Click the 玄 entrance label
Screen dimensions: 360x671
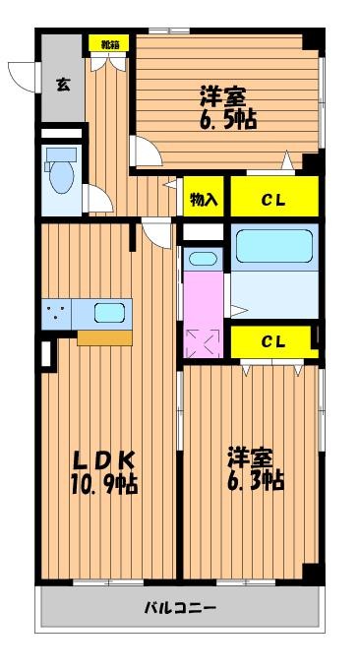point(63,85)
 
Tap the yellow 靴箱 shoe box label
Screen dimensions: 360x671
point(109,42)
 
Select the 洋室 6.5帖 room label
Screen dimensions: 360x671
point(228,108)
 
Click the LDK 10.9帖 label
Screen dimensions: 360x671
point(104,472)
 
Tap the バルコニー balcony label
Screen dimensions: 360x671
point(179,608)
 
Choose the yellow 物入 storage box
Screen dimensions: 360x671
point(204,197)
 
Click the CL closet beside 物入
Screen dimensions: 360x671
point(274,197)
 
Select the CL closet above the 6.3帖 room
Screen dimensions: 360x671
point(274,341)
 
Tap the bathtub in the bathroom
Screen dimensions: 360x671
point(274,246)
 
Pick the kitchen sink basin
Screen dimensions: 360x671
point(109,313)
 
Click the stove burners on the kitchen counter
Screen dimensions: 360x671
point(56,313)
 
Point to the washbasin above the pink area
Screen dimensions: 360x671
point(203,259)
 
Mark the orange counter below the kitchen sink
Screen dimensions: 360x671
point(104,337)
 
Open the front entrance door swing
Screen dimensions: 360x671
point(24,76)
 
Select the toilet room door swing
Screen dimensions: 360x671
point(98,199)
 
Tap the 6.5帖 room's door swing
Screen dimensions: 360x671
point(147,151)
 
